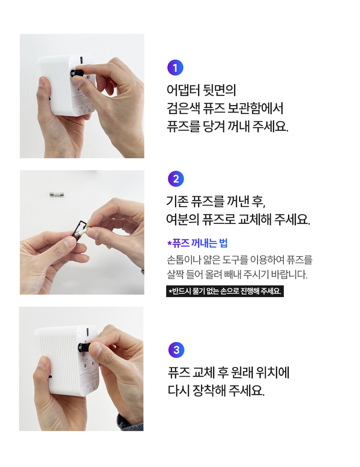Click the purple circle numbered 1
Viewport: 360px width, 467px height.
[x=175, y=68]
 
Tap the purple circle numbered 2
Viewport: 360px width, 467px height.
[x=176, y=179]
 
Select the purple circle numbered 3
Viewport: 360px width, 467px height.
[x=176, y=350]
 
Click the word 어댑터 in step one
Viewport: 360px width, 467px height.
[x=183, y=90]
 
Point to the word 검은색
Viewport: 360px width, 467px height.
[x=183, y=108]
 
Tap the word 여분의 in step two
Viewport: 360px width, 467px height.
[x=183, y=220]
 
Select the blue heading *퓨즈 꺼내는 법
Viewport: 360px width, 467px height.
[x=197, y=243]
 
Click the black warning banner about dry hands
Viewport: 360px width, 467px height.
[x=225, y=291]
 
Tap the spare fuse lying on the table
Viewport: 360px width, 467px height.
[x=57, y=195]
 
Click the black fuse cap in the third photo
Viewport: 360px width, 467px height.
[x=84, y=348]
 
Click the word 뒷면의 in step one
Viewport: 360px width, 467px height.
[x=219, y=90]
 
